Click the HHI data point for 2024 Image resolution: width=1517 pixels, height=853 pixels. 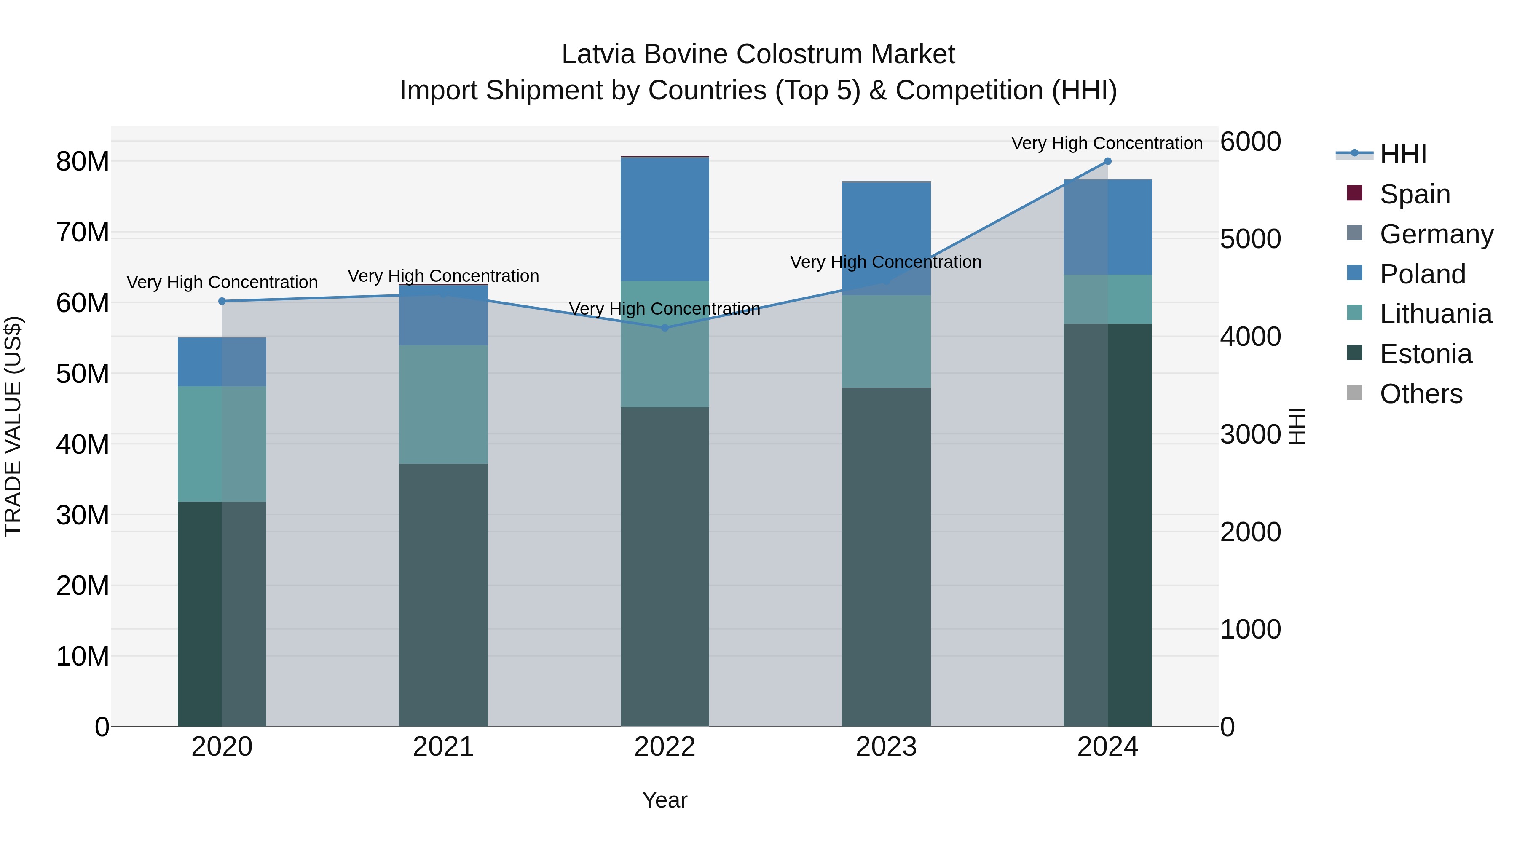[x=1107, y=161]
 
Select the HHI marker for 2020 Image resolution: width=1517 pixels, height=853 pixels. [x=222, y=302]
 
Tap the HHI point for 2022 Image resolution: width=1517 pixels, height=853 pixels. [x=665, y=328]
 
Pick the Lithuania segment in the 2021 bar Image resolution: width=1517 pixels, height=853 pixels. [x=443, y=404]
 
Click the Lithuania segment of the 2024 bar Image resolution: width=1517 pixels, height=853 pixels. [x=1107, y=299]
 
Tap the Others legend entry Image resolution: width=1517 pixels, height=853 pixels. [x=1421, y=394]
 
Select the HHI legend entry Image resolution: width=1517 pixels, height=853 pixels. [x=1403, y=154]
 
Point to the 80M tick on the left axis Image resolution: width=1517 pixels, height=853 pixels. [x=83, y=162]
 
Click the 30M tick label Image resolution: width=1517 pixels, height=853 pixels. [x=83, y=515]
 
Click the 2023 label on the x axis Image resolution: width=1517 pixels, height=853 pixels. [x=886, y=747]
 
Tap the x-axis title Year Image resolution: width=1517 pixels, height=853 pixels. [x=665, y=800]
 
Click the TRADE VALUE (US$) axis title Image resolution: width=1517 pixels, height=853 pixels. [x=13, y=426]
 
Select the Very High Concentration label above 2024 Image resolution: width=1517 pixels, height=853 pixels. [x=1107, y=144]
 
